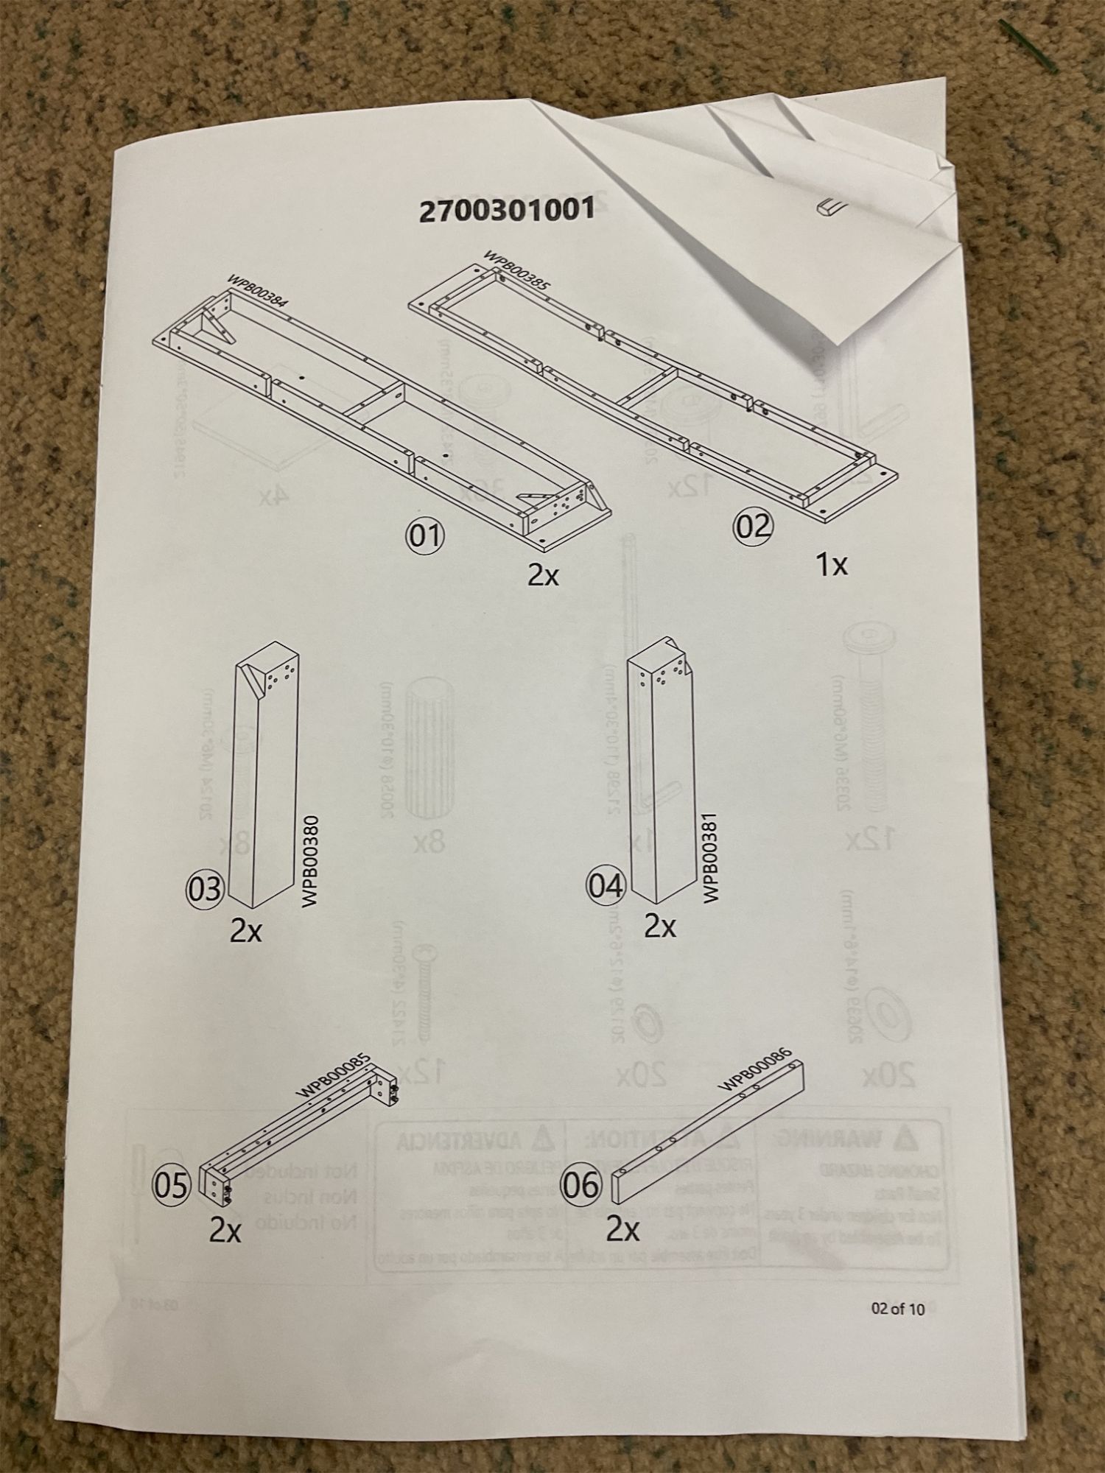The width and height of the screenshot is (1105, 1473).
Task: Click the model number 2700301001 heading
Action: point(506,211)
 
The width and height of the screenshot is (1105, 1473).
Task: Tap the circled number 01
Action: point(426,536)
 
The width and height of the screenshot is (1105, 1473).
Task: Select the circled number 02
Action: point(751,527)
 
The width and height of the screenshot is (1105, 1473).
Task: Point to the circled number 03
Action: point(203,889)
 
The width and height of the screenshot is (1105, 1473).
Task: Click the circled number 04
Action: point(605,886)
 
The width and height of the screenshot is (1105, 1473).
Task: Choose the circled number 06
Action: point(581,1185)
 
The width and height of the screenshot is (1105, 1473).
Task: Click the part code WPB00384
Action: point(257,290)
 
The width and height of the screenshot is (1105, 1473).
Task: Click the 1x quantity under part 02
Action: point(831,565)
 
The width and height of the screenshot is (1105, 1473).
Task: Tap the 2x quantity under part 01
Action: point(543,574)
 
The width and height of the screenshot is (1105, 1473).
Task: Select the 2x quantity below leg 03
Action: point(245,932)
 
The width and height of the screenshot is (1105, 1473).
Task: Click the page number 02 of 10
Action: point(897,1309)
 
